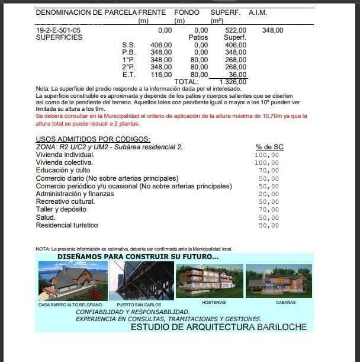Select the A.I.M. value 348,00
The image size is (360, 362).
pos(272,30)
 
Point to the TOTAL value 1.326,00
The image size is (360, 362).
pos(233,82)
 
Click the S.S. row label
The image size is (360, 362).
pos(128,45)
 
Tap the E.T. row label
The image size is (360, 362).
pos(128,75)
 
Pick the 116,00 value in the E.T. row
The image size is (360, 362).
pos(161,75)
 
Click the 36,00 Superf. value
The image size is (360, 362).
pos(237,75)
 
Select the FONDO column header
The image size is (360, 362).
pos(187,12)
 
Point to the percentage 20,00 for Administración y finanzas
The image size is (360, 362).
pos(268,194)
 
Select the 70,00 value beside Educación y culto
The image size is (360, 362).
pos(268,171)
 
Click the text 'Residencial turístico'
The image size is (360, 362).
pos(67,225)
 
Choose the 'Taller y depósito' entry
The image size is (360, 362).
pos(61,209)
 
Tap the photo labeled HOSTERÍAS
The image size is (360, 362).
pos(210,281)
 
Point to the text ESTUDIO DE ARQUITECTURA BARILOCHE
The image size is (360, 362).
pos(218,327)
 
